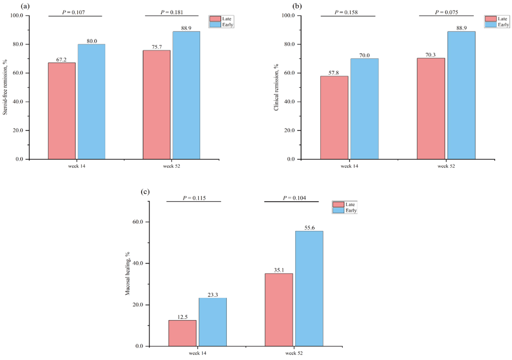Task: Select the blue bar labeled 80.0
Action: click(x=91, y=101)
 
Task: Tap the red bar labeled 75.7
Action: click(x=157, y=105)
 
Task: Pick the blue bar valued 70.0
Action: click(x=364, y=109)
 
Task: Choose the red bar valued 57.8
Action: click(x=334, y=117)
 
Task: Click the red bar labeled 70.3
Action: click(x=431, y=108)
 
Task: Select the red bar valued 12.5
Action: click(x=182, y=333)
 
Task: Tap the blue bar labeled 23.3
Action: click(x=213, y=322)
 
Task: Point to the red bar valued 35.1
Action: click(x=279, y=310)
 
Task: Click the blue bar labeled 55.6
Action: click(x=309, y=288)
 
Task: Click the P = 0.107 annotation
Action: click(x=74, y=12)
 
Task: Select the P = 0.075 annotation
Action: click(x=446, y=12)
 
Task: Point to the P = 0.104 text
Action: click(x=294, y=198)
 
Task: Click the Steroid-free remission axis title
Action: click(x=5, y=87)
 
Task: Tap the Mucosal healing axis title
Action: click(x=127, y=274)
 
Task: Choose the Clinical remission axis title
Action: click(x=276, y=87)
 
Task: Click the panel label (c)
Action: click(x=145, y=192)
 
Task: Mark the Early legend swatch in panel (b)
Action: click(x=491, y=25)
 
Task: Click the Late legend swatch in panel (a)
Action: click(x=215, y=19)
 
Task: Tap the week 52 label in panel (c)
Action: click(x=294, y=353)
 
